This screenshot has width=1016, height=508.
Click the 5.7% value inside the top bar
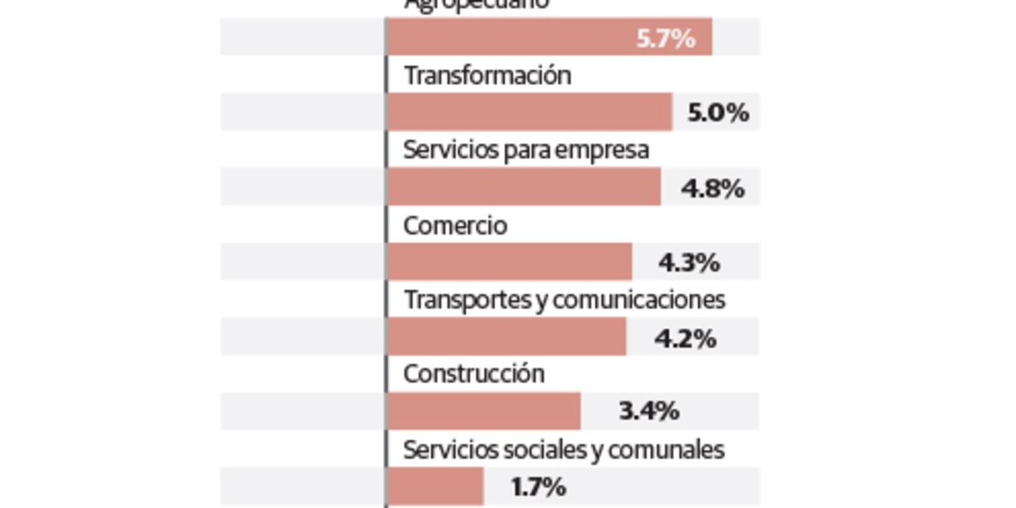[x=665, y=39]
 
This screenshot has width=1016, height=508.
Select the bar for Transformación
[x=529, y=113]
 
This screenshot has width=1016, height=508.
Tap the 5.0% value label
[x=718, y=114]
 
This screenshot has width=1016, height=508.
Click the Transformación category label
[x=487, y=76]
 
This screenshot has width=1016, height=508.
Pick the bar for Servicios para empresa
[x=524, y=187]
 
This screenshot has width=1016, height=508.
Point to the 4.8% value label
[x=712, y=188]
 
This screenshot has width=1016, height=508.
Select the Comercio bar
[x=509, y=262]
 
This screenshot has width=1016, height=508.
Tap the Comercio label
[x=455, y=225]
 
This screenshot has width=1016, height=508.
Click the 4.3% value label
[x=689, y=263]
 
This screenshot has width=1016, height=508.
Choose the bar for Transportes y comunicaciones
[x=506, y=337]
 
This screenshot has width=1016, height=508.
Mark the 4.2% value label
[x=685, y=338]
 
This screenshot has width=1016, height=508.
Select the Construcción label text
[x=474, y=374]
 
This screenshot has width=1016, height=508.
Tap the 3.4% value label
[x=648, y=411]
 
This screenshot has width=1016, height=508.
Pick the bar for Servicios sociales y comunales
[x=435, y=487]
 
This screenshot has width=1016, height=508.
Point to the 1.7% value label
[x=538, y=487]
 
